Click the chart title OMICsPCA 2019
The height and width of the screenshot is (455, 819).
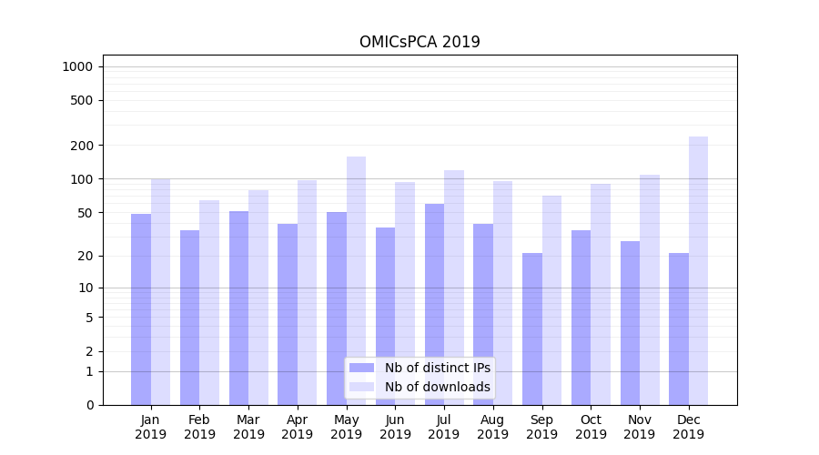[420, 42]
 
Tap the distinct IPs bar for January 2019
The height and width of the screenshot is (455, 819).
[141, 309]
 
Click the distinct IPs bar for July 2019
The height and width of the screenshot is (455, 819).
[434, 304]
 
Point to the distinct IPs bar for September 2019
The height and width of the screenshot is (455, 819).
[532, 329]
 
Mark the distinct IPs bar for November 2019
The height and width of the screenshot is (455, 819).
[630, 323]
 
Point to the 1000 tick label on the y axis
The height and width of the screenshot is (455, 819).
[77, 66]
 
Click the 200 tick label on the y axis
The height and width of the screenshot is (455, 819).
[83, 146]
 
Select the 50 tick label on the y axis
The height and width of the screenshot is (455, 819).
[86, 213]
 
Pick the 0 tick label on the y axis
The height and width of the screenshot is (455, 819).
[89, 405]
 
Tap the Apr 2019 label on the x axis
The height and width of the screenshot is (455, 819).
[298, 427]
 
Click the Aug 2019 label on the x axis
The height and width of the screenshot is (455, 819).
[493, 427]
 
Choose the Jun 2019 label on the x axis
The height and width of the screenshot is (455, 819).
[395, 427]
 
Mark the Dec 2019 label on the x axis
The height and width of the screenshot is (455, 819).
[689, 427]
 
